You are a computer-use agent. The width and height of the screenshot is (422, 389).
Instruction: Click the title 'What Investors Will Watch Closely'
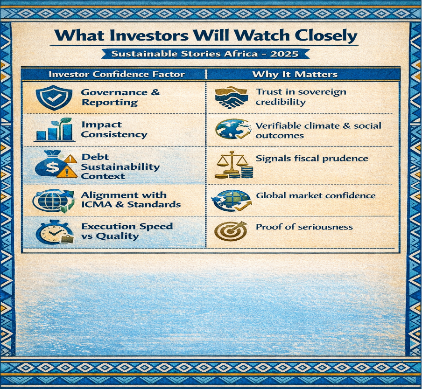coord(206,35)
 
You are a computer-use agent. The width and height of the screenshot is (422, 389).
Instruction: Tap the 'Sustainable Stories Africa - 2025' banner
coord(205,54)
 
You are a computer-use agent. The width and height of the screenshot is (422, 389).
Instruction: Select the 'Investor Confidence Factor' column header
coord(117,74)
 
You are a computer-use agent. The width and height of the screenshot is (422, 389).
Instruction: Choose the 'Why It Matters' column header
coord(295,74)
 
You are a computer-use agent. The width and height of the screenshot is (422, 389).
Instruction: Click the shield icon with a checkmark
coord(54,97)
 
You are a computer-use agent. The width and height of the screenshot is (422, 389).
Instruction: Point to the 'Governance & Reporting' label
coord(121,97)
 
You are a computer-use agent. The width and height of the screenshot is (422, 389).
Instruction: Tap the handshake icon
coord(231,97)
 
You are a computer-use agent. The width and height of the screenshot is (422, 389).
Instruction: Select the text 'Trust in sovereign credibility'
coord(301,97)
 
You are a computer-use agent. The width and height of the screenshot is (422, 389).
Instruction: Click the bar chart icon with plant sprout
coord(55,130)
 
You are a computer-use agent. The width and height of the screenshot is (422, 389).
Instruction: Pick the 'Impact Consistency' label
coord(114,130)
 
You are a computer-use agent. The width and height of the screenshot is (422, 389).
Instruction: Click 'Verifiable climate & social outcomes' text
coord(318,131)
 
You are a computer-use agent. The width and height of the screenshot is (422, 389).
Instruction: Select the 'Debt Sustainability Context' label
coord(120,167)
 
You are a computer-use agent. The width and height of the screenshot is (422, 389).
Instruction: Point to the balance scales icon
coord(234,165)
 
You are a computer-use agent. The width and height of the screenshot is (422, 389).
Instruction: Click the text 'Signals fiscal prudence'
coord(312,158)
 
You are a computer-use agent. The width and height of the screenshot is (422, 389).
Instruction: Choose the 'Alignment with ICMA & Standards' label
coord(131,200)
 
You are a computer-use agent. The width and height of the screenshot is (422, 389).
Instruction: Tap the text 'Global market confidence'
coord(316,195)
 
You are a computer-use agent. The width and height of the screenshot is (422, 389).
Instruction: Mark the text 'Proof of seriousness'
coord(304,227)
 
